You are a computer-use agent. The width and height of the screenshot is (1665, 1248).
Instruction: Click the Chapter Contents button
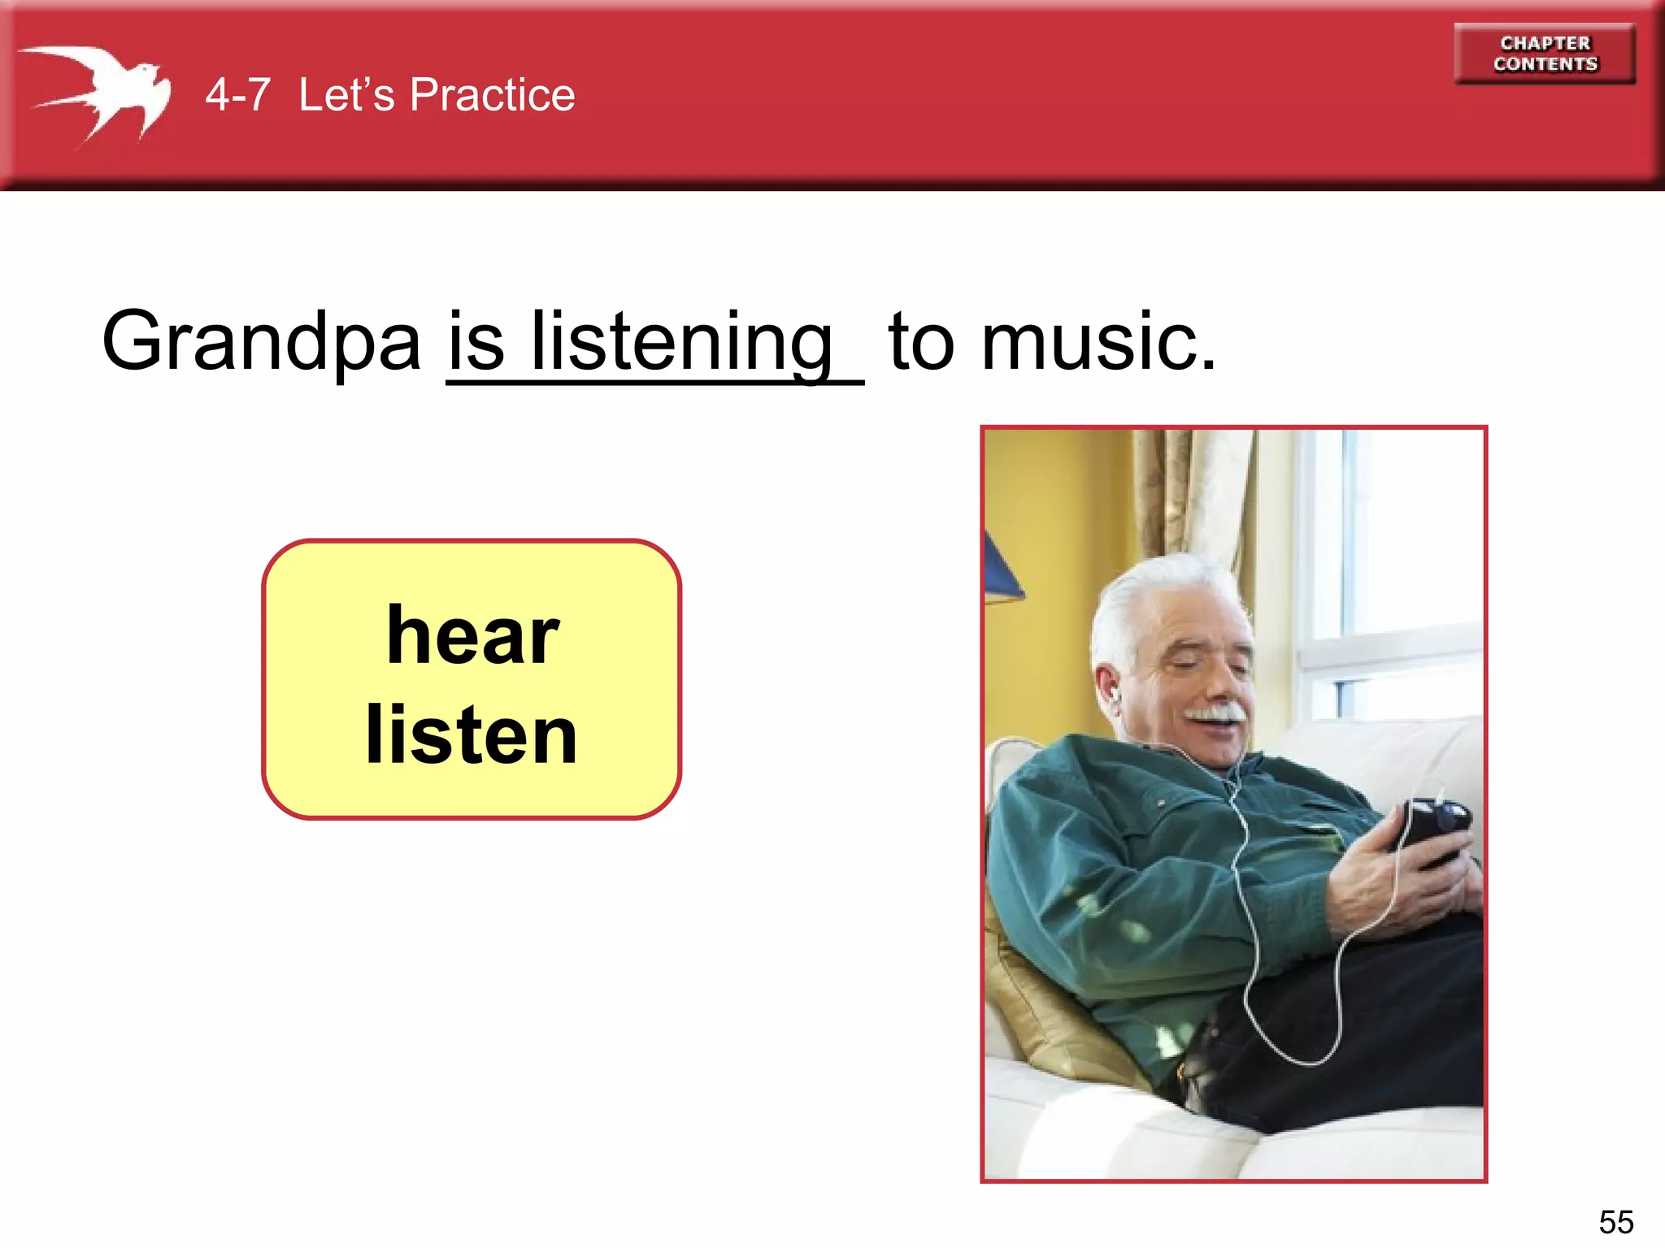[x=1545, y=54]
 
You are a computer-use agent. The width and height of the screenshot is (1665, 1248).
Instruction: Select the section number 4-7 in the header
[x=237, y=95]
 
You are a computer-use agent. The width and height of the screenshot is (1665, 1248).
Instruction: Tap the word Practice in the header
[x=492, y=95]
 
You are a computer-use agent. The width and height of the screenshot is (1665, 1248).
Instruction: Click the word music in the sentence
[x=1098, y=341]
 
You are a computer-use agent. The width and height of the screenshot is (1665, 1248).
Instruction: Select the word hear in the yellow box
[x=472, y=636]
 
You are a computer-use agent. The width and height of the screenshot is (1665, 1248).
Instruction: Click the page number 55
[x=1615, y=1222]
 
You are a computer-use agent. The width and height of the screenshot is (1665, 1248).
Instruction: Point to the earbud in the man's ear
[x=1115, y=695]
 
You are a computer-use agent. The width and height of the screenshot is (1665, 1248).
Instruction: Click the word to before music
[x=921, y=341]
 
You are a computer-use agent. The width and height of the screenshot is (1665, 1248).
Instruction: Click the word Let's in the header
[x=346, y=95]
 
